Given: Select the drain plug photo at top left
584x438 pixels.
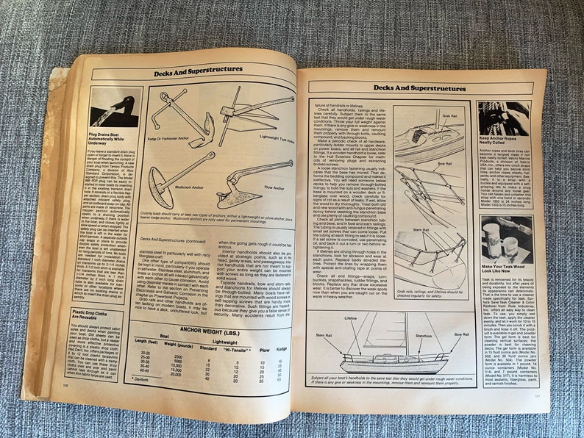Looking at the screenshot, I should point(115,107).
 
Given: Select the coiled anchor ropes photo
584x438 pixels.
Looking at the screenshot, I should point(504,118).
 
